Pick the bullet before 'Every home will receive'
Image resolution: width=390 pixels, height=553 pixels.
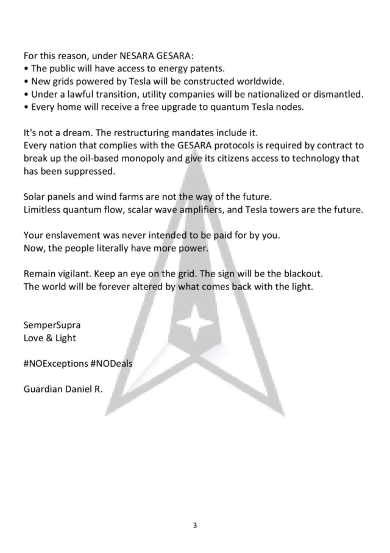pos(26,108)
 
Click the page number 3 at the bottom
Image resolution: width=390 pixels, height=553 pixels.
pos(195,524)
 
